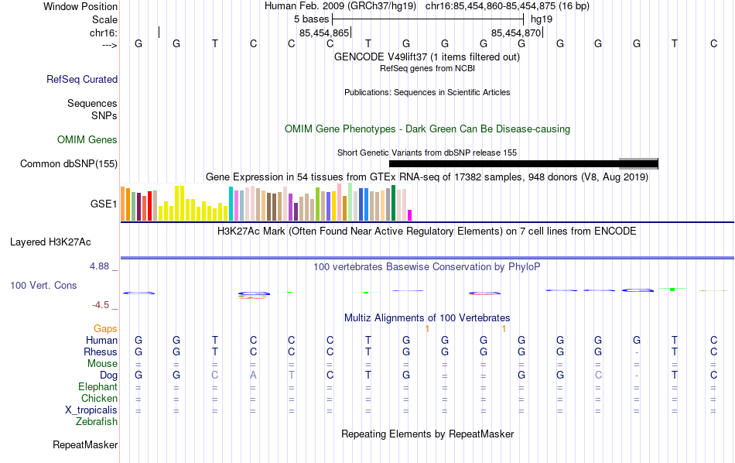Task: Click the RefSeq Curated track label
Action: pos(82,79)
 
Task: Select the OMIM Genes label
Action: pos(87,139)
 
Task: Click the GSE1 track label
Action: pos(104,204)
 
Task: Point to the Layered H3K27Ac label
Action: pos(63,242)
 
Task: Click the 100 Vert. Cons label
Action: pos(43,285)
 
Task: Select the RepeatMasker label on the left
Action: pos(85,444)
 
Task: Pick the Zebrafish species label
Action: pos(97,421)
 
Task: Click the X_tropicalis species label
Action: pos(91,410)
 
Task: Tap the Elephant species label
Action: pos(97,386)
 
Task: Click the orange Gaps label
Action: pos(105,328)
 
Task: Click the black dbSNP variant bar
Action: pos(503,163)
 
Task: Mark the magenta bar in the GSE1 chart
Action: pos(410,214)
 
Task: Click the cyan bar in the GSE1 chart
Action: pos(231,204)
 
